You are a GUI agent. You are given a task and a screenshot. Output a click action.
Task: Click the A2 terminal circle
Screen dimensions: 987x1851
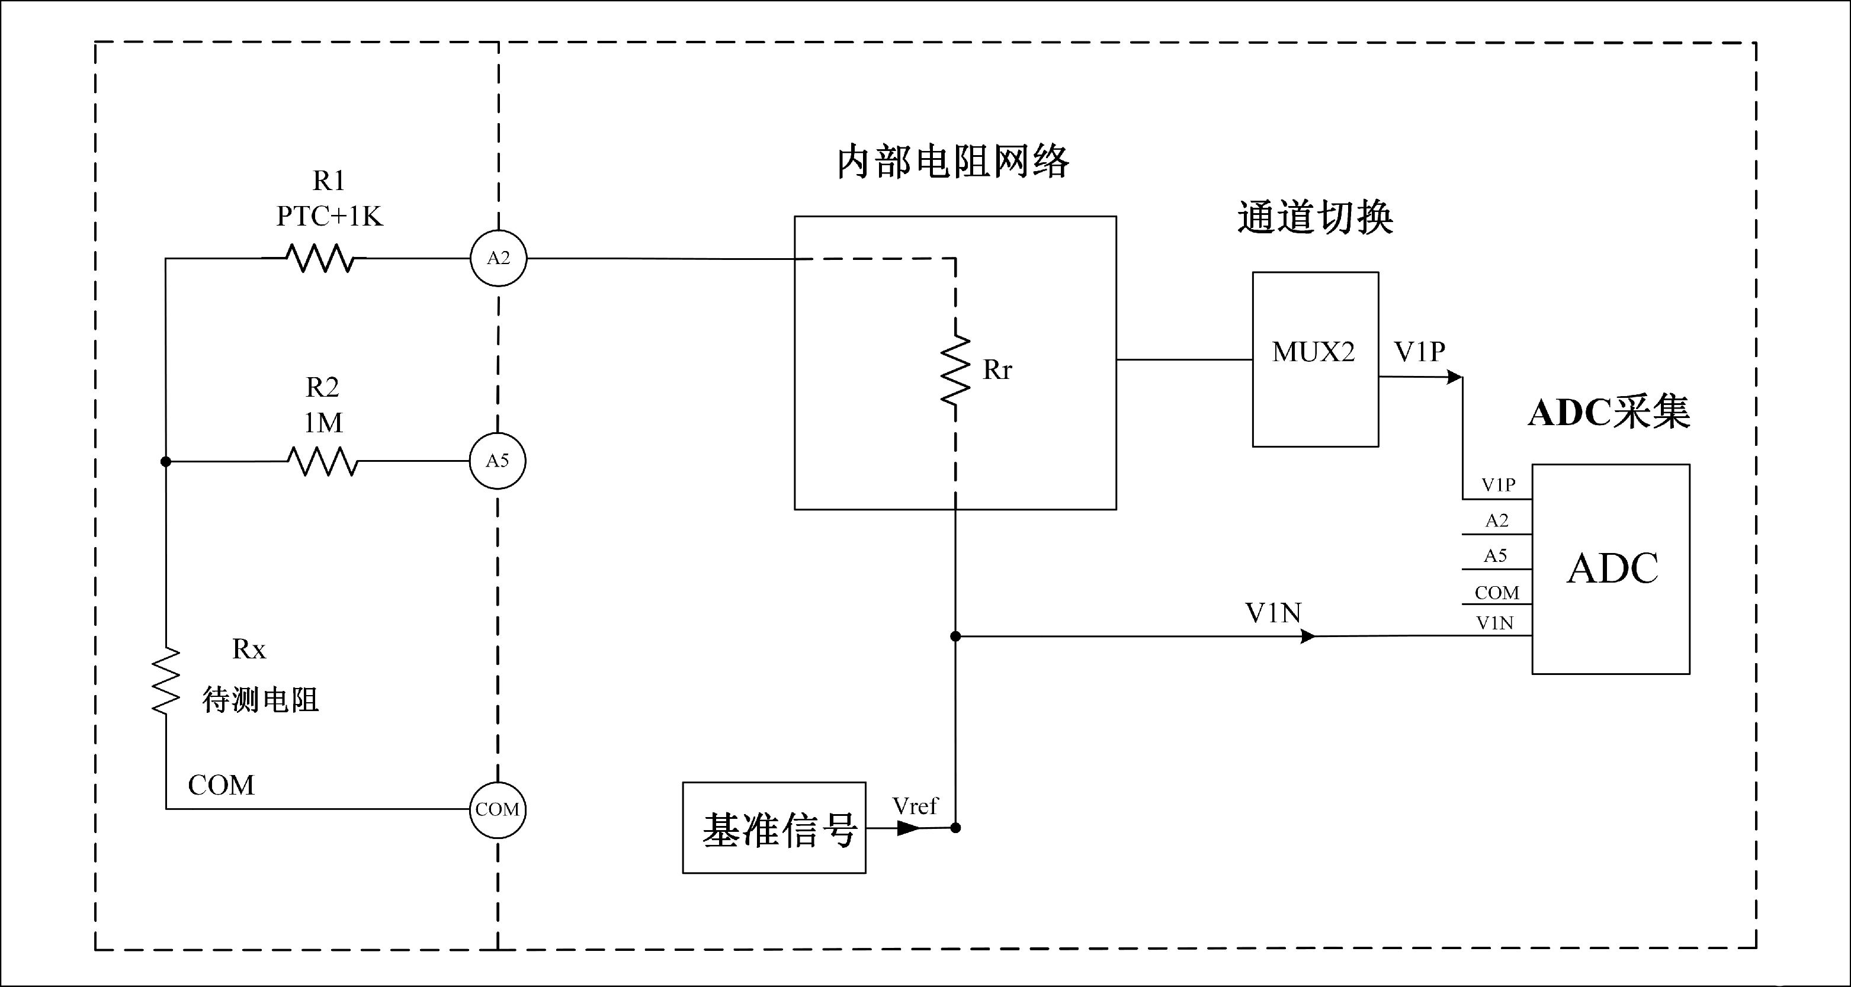coord(499,258)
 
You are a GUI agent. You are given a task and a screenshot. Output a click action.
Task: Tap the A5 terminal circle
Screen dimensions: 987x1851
coord(497,461)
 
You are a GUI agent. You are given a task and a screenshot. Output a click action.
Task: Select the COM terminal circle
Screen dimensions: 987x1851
coord(497,809)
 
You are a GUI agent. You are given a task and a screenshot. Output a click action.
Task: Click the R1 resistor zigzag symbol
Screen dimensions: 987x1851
coord(320,258)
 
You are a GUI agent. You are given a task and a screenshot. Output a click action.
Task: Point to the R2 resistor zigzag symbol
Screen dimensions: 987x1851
coord(323,461)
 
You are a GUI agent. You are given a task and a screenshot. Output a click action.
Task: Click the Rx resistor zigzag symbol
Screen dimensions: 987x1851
coord(166,680)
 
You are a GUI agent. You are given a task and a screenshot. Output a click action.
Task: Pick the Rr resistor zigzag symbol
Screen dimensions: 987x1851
coord(955,370)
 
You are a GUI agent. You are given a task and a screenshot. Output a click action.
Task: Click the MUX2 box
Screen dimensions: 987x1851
coord(1315,359)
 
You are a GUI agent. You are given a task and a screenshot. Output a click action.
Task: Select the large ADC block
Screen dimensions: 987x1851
coord(1611,569)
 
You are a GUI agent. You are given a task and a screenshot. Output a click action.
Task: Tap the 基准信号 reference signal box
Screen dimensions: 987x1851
coord(774,828)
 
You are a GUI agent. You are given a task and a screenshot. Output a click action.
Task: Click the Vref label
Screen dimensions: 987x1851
coord(915,806)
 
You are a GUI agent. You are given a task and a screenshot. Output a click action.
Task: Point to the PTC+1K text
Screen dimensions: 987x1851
coord(330,216)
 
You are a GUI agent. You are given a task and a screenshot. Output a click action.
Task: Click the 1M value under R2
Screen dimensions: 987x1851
coord(323,422)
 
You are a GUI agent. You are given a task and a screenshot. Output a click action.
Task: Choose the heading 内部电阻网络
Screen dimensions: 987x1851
coord(954,162)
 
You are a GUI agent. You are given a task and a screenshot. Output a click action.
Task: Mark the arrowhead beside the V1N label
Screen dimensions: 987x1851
coord(1308,636)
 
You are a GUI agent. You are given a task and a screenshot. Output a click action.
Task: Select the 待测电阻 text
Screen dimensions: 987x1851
coord(260,699)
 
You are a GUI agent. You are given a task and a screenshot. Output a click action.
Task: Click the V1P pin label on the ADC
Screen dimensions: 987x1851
coord(1498,485)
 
